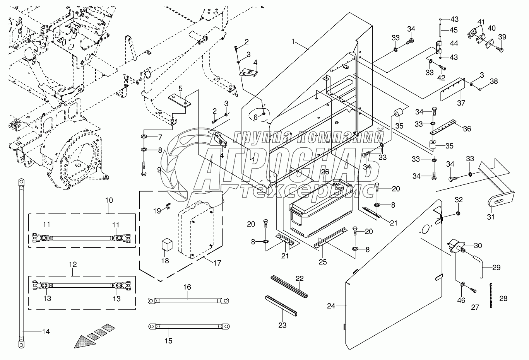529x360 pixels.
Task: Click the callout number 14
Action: point(46,331)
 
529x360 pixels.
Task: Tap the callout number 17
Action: point(217,263)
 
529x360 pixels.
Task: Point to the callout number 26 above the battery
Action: point(325,171)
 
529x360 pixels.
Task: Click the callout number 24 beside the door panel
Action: point(330,306)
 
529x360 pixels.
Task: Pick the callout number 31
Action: point(491,217)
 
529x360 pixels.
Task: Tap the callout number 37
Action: point(461,103)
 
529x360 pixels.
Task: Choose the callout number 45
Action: point(454,30)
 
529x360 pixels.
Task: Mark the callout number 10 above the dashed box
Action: point(109,200)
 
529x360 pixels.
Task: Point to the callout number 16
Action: point(187,287)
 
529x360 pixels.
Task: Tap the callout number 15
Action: point(168,341)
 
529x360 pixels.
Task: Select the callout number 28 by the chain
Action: point(503,298)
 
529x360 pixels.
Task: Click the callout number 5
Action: point(180,88)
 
